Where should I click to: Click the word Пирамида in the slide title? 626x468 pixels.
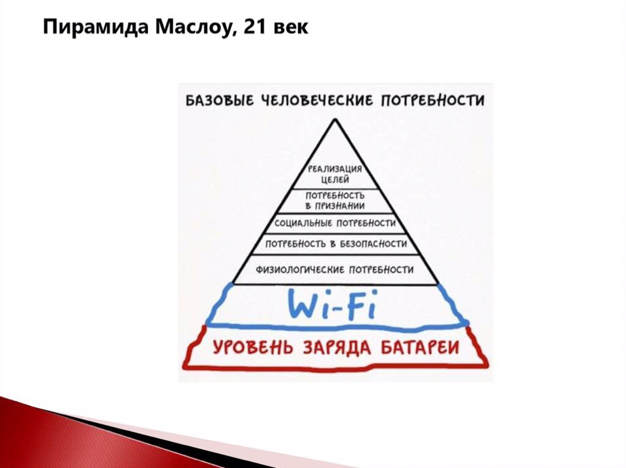(x=93, y=27)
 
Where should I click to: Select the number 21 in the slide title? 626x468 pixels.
(x=255, y=27)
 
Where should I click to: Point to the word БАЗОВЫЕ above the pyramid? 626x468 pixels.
(x=219, y=100)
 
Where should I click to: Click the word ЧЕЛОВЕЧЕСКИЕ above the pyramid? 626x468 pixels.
(x=317, y=100)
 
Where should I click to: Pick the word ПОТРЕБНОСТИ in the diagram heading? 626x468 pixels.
(x=433, y=100)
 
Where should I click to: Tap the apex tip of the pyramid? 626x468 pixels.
(x=335, y=119)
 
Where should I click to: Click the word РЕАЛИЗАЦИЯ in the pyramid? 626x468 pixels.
(x=335, y=169)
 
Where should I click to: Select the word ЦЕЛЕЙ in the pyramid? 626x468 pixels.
(x=335, y=179)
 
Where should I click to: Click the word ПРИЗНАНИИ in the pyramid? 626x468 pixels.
(x=340, y=206)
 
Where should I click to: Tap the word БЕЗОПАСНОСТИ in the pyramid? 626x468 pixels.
(x=373, y=243)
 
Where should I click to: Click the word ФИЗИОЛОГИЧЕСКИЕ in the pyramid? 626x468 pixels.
(x=301, y=270)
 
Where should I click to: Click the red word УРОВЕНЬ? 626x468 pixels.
(x=253, y=347)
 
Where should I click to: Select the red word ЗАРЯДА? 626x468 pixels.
(x=337, y=347)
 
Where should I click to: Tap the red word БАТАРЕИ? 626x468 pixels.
(x=419, y=347)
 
